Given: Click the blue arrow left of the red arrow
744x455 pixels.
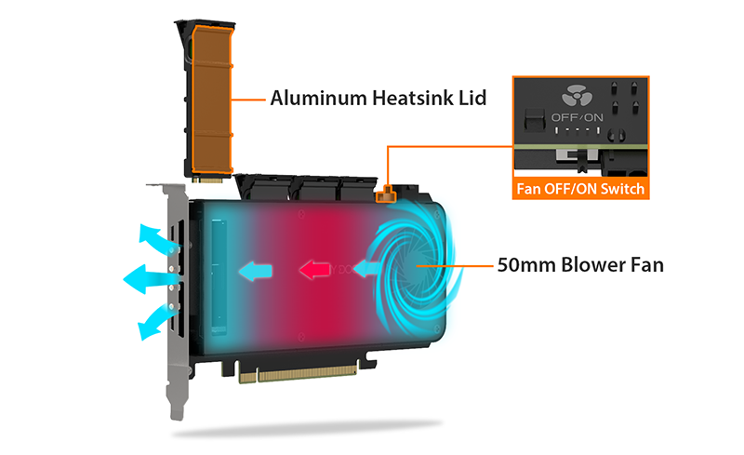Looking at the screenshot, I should click(x=255, y=271).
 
